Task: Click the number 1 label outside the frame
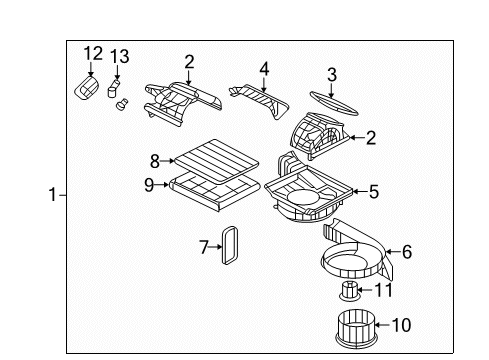pyautogui.click(x=53, y=196)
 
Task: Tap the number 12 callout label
pyautogui.click(x=93, y=53)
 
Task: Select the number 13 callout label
pyautogui.click(x=120, y=56)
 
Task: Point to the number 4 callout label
pyautogui.click(x=264, y=69)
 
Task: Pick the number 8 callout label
pyautogui.click(x=155, y=158)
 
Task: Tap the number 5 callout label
pyautogui.click(x=374, y=191)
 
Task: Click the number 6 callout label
pyautogui.click(x=406, y=253)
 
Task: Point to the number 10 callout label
pyautogui.click(x=400, y=325)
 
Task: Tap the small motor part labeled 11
pyautogui.click(x=350, y=291)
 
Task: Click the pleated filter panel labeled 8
pyautogui.click(x=214, y=157)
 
